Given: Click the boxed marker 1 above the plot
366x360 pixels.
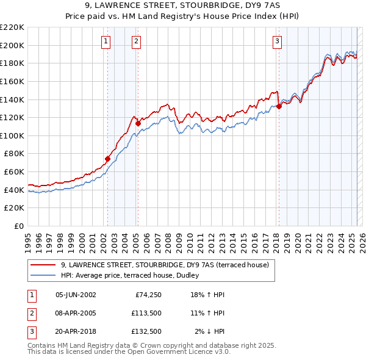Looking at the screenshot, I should pyautogui.click(x=106, y=41).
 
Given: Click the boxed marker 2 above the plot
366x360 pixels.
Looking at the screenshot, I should pyautogui.click(x=135, y=41).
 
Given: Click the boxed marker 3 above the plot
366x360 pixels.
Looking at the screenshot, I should pyautogui.click(x=277, y=41).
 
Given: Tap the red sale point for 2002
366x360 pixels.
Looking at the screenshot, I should pyautogui.click(x=107, y=159).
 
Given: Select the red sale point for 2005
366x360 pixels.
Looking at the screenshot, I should pyautogui.click(x=138, y=123).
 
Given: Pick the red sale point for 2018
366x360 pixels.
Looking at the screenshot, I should pyautogui.click(x=279, y=106).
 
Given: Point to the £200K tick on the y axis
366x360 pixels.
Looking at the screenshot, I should pyautogui.click(x=12, y=45).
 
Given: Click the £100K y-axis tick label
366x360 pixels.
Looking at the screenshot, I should pyautogui.click(x=12, y=135).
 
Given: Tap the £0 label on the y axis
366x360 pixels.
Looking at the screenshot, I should pyautogui.click(x=18, y=226).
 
